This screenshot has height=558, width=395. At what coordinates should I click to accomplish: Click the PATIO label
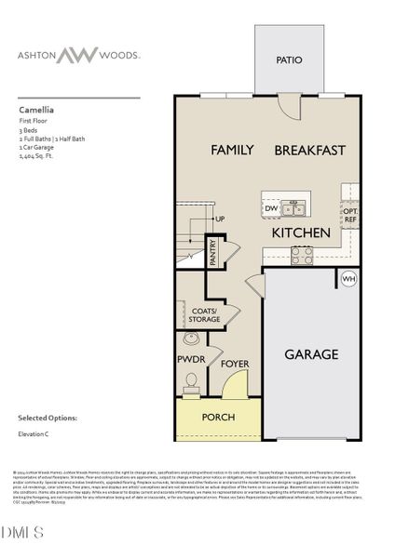pos(289,60)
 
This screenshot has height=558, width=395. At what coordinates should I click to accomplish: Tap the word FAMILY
pos(233,149)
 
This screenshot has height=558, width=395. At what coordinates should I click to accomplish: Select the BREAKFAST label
pos(309,149)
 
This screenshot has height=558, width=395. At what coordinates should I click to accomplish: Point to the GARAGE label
pos(311,353)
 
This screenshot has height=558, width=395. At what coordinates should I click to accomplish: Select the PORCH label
pos(219,417)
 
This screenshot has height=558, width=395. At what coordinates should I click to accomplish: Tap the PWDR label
pos(190,358)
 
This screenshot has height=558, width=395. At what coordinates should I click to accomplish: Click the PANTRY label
pos(212,253)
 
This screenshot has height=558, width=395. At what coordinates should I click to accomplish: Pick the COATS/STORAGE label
pos(203,314)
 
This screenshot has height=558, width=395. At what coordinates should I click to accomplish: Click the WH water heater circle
pos(348,278)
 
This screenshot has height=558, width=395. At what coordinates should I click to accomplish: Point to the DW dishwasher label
pos(271,209)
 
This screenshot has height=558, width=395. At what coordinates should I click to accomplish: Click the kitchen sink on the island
pos(294,206)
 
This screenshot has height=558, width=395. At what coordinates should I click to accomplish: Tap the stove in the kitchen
pos(303,254)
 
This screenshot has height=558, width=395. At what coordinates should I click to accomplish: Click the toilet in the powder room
pos(192,381)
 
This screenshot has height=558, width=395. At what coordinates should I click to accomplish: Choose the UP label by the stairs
pos(221,219)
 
